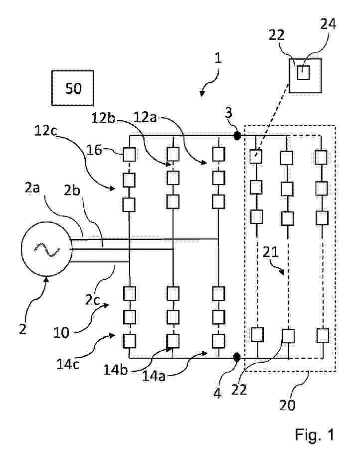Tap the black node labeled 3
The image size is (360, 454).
pos(237,135)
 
